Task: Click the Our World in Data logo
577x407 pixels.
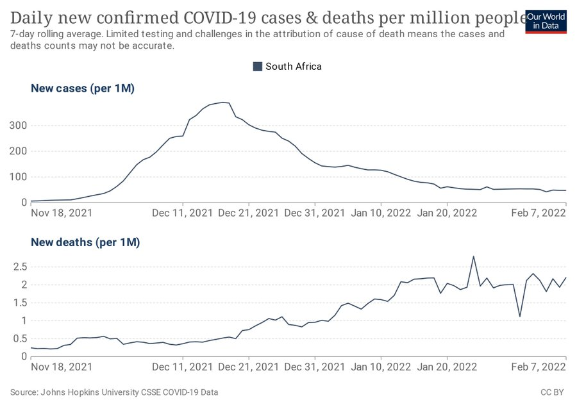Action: click(546, 21)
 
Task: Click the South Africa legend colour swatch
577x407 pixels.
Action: click(258, 66)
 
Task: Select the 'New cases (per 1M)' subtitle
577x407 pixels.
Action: click(83, 89)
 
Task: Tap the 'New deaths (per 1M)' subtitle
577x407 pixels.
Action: click(85, 242)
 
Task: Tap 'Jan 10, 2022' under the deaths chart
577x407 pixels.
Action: click(381, 367)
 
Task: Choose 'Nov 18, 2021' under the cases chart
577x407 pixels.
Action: click(62, 212)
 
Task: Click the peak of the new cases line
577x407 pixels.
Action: click(223, 102)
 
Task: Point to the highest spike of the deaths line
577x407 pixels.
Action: click(473, 256)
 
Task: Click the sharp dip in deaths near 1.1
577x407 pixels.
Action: click(520, 316)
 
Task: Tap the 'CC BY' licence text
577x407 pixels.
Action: click(553, 392)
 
